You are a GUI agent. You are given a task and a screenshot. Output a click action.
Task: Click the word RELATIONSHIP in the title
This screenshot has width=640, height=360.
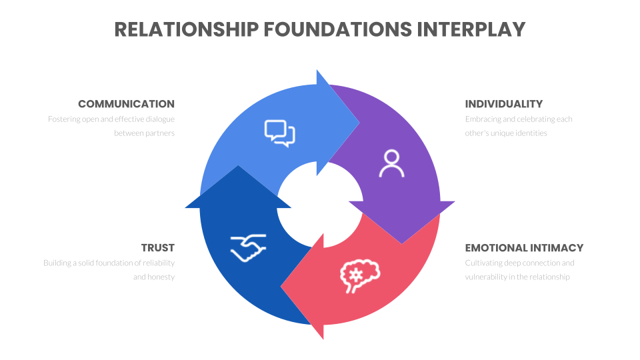point(185,29)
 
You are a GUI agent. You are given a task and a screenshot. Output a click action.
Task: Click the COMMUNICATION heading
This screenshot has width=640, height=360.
point(126,104)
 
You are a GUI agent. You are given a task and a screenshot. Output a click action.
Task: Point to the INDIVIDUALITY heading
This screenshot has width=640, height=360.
point(503,104)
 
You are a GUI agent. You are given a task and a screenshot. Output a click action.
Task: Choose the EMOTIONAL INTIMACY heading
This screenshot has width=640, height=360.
point(524,248)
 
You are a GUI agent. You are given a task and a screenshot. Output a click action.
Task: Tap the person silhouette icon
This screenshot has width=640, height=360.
point(391,163)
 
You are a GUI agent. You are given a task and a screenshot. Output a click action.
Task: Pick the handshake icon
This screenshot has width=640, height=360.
point(248,247)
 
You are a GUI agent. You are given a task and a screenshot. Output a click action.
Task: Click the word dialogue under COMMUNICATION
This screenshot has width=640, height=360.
point(158,119)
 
